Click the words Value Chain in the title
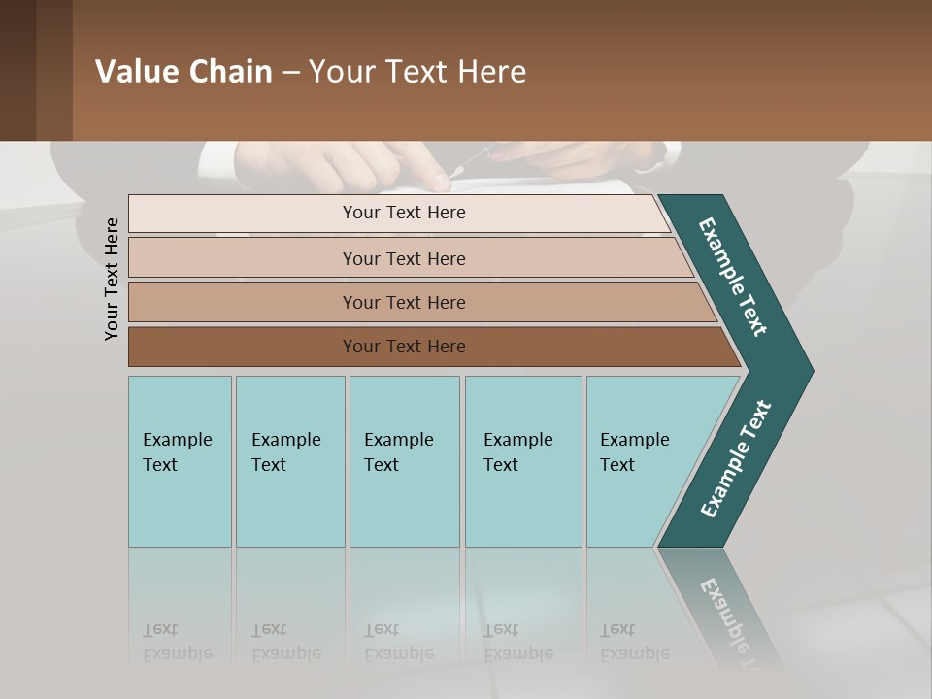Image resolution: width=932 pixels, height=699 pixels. click(x=183, y=72)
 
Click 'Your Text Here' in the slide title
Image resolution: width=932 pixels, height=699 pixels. click(x=417, y=72)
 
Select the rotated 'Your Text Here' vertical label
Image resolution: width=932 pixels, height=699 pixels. click(x=112, y=279)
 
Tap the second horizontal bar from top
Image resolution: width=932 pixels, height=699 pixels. click(x=404, y=258)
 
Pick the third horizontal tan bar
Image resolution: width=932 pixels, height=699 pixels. click(x=404, y=302)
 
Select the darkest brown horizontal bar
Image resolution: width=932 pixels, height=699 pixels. click(x=404, y=347)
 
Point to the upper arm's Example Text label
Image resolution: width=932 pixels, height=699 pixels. click(x=733, y=277)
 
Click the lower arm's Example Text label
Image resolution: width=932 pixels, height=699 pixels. click(x=735, y=459)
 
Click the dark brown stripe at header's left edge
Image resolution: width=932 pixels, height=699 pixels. click(x=17, y=70)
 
